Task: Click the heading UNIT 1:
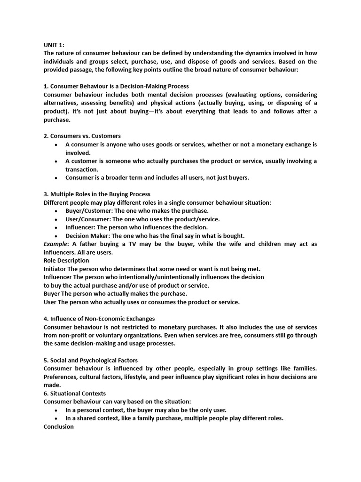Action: pyautogui.click(x=54, y=45)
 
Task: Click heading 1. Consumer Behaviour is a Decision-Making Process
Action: pyautogui.click(x=116, y=86)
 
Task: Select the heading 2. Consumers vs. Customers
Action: pyautogui.click(x=82, y=136)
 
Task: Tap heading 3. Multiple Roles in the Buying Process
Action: pyautogui.click(x=97, y=194)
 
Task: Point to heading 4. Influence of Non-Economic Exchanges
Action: pyautogui.click(x=99, y=319)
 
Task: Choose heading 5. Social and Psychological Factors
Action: pyautogui.click(x=91, y=360)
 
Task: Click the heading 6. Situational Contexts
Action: pyautogui.click(x=75, y=394)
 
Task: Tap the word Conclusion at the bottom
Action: pyautogui.click(x=59, y=426)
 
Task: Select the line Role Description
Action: pyautogui.click(x=66, y=260)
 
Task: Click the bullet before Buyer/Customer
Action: pyautogui.click(x=56, y=211)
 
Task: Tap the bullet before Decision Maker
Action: pyautogui.click(x=56, y=236)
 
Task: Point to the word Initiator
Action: pyautogui.click(x=55, y=269)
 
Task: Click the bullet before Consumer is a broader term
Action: pyautogui.click(x=56, y=178)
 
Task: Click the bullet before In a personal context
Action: pyautogui.click(x=56, y=410)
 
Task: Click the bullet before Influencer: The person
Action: pyautogui.click(x=56, y=227)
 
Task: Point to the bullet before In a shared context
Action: pyautogui.click(x=56, y=418)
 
